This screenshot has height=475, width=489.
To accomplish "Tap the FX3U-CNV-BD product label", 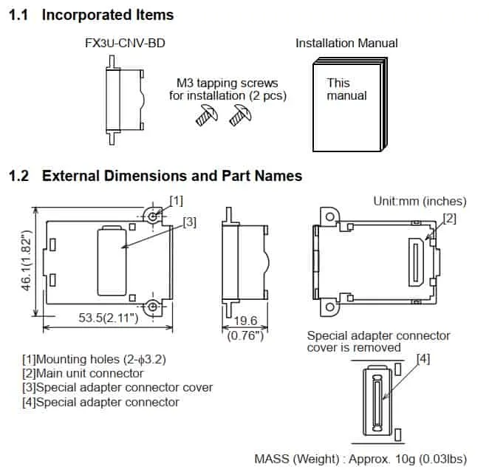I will [125, 43].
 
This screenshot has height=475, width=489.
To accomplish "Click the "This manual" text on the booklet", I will [346, 89].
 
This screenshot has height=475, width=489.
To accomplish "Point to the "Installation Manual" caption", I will [346, 43].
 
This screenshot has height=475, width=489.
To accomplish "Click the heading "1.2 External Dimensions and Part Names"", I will [154, 176].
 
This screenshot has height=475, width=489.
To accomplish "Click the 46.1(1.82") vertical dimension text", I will [26, 263].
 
